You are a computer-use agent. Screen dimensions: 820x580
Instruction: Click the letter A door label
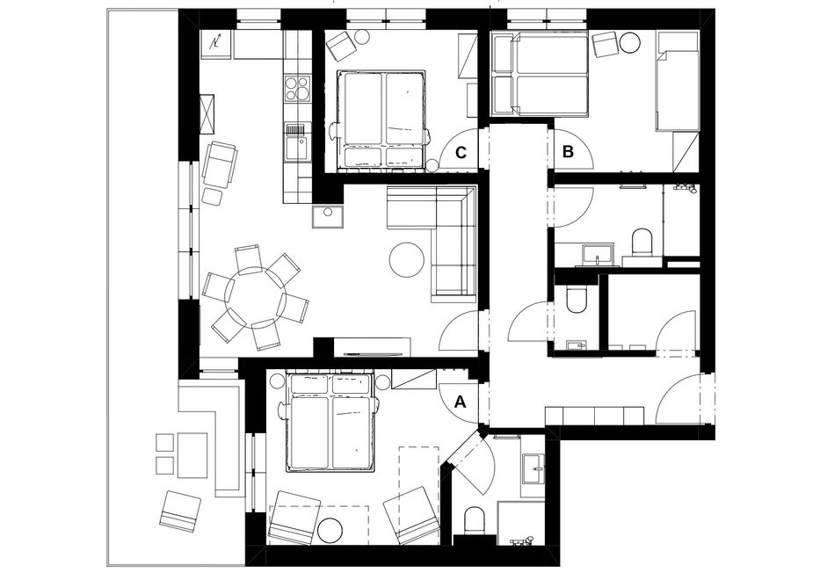(461, 402)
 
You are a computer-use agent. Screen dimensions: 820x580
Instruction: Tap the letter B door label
(568, 152)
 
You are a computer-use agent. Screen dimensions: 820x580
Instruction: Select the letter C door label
(461, 153)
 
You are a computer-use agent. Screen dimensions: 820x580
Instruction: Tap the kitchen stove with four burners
(297, 88)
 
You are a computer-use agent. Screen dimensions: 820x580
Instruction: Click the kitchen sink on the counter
(297, 141)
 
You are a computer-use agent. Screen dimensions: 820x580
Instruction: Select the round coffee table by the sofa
(407, 260)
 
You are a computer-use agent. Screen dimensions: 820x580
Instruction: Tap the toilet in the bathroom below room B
(642, 243)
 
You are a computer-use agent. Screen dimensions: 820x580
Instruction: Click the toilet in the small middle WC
(578, 300)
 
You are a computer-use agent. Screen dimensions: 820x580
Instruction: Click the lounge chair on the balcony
(179, 511)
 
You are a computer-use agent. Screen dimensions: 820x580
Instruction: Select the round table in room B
(630, 43)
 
